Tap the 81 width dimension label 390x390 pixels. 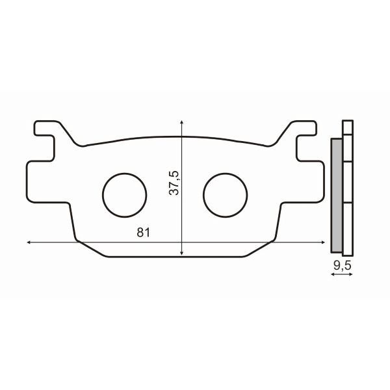pyautogui.click(x=144, y=233)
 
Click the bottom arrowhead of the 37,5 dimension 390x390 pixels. pyautogui.click(x=182, y=254)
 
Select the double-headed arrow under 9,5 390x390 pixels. pyautogui.click(x=342, y=275)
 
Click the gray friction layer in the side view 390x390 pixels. pyautogui.click(x=337, y=195)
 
